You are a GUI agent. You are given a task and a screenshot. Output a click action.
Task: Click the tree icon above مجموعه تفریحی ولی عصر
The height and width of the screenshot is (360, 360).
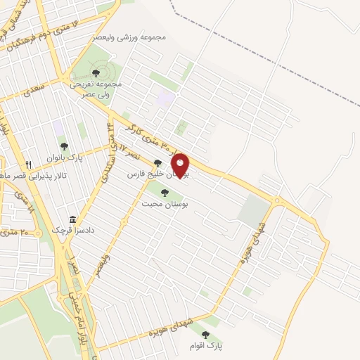(96, 73)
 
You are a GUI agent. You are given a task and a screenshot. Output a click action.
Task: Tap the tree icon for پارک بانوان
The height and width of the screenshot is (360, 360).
(65, 147)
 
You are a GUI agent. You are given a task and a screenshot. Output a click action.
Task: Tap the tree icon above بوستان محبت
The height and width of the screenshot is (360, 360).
(165, 191)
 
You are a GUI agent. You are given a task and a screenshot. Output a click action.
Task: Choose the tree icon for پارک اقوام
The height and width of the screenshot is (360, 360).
(205, 335)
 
